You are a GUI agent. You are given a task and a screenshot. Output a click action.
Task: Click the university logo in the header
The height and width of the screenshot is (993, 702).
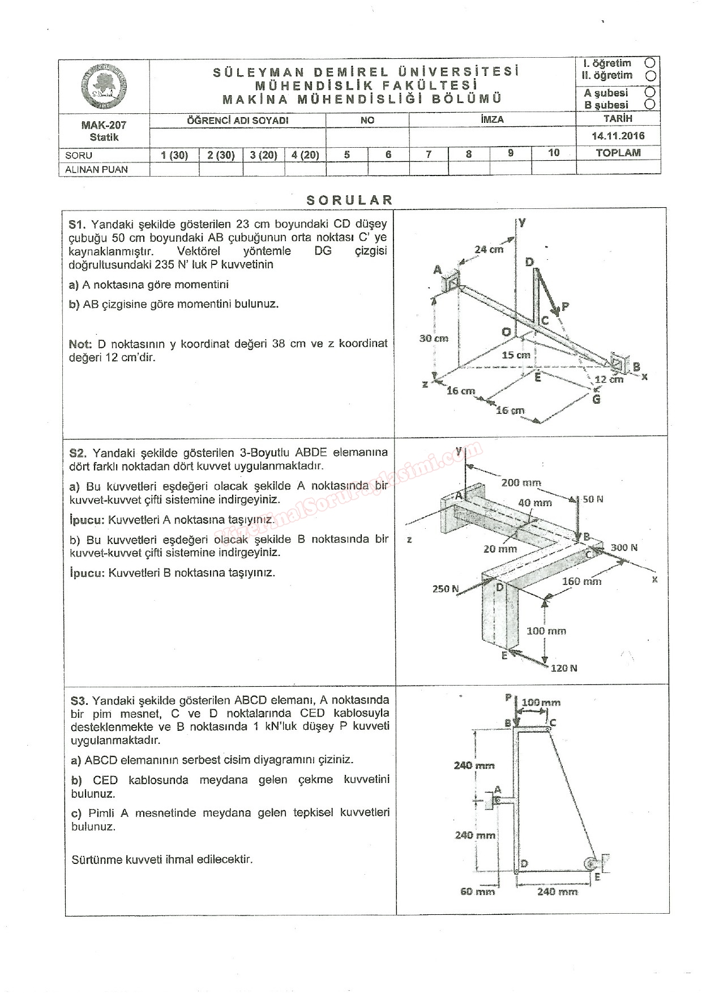click(104, 87)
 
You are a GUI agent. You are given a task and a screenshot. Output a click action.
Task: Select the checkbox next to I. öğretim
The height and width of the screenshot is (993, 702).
click(650, 63)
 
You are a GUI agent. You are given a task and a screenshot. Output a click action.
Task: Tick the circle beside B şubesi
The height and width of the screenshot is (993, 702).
click(650, 105)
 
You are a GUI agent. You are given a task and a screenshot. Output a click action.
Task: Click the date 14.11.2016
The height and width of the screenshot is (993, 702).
click(618, 136)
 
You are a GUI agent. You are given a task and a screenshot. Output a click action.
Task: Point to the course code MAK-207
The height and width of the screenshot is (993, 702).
click(104, 125)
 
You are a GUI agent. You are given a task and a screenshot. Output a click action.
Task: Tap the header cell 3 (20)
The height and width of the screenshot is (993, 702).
click(263, 155)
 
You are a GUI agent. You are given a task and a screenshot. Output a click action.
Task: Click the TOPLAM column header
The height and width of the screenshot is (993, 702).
click(618, 153)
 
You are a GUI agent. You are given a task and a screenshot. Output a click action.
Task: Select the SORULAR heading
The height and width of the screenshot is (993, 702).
click(349, 200)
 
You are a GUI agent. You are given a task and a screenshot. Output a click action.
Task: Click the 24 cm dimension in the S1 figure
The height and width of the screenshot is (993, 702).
click(489, 249)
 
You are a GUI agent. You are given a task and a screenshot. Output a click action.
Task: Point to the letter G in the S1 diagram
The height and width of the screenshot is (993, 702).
click(596, 399)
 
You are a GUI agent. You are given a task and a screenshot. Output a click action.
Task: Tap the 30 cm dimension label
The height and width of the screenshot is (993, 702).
click(433, 338)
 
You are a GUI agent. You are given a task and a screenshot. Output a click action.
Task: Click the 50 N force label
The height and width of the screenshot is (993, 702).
click(593, 499)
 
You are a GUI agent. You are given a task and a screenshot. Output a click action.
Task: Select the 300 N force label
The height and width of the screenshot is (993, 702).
click(624, 547)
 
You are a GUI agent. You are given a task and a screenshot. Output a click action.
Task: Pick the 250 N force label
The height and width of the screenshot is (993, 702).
click(446, 589)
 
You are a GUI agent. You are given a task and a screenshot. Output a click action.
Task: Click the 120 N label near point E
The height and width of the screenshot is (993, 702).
click(564, 668)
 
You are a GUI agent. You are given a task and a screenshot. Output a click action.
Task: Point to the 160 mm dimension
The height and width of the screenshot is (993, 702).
click(581, 581)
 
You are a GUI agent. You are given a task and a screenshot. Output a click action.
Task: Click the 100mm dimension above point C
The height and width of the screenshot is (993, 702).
click(541, 703)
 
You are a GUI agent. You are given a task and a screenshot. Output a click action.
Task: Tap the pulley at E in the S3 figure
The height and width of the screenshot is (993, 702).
click(590, 863)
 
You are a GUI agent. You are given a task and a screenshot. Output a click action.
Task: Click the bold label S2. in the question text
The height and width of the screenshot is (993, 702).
click(78, 453)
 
